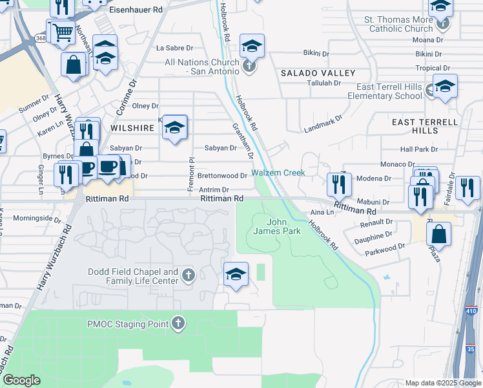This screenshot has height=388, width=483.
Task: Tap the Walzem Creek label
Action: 278,173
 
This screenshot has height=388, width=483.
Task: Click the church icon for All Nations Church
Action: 249,65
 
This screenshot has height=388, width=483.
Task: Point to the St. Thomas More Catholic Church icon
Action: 442,25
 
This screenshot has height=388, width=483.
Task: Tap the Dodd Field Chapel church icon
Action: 188,276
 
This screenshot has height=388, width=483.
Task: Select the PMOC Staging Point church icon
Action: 178,323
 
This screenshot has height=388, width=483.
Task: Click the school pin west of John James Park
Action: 236,274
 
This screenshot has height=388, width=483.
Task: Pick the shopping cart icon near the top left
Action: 62,31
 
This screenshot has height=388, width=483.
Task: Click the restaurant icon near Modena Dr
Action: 339,184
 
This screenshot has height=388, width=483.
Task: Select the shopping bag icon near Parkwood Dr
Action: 439,235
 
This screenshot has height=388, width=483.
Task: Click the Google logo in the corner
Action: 21,380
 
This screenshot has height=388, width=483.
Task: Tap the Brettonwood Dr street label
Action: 221,175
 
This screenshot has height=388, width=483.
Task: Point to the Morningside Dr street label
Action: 36,219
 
